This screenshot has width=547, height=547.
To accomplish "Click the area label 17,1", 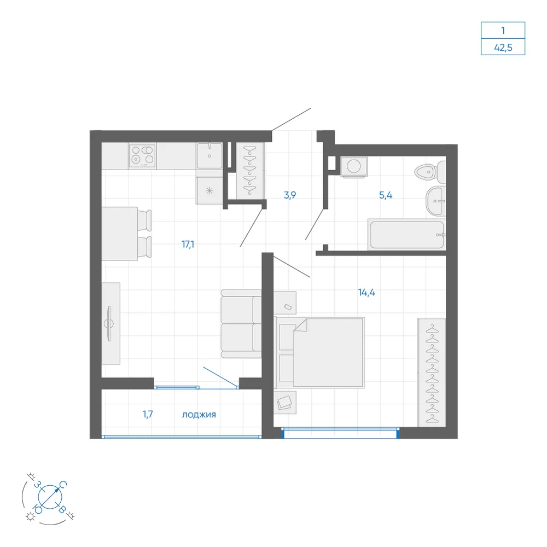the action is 188,244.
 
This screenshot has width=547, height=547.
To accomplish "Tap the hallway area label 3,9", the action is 290,195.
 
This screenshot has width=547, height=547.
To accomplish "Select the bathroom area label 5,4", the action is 386,195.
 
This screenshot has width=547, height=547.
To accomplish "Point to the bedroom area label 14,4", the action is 366,292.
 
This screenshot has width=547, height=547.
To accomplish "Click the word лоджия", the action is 199,415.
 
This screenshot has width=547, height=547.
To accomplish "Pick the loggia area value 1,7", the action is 148,414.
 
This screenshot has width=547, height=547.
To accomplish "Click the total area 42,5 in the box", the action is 503,48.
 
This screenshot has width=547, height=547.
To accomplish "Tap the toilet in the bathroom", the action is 430,172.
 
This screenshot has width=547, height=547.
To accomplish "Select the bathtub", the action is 406,235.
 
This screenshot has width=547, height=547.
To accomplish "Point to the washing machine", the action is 353,167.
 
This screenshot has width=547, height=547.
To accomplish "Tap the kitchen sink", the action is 210,155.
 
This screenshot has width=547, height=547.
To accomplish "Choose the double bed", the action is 319,352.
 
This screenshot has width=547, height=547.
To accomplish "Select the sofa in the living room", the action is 241,324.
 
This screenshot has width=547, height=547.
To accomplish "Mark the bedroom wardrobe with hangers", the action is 432,373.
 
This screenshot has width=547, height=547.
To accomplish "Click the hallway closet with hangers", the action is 250,171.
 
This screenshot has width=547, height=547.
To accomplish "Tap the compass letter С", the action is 63,484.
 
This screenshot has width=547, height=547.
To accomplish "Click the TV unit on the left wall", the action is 111,323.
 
